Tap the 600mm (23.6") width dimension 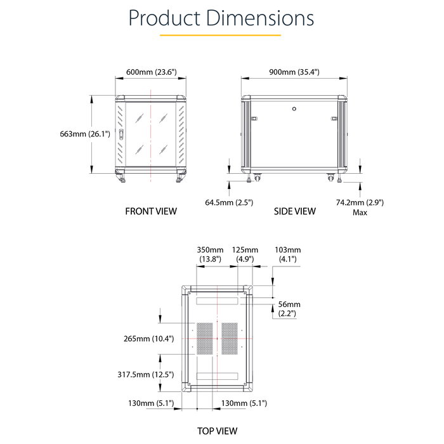[151, 72]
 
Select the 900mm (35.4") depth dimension [294, 72]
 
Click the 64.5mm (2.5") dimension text [229, 202]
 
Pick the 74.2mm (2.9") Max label [360, 207]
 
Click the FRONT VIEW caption [151, 211]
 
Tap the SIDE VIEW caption [294, 211]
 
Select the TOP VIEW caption [217, 431]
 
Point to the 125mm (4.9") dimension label [245, 254]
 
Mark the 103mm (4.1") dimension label [287, 254]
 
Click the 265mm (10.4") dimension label [148, 339]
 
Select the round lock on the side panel [294, 108]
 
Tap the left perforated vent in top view [204, 338]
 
